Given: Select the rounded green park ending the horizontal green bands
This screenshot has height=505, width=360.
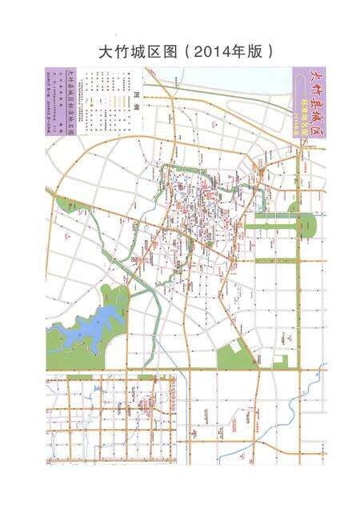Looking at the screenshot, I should [x=308, y=226].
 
